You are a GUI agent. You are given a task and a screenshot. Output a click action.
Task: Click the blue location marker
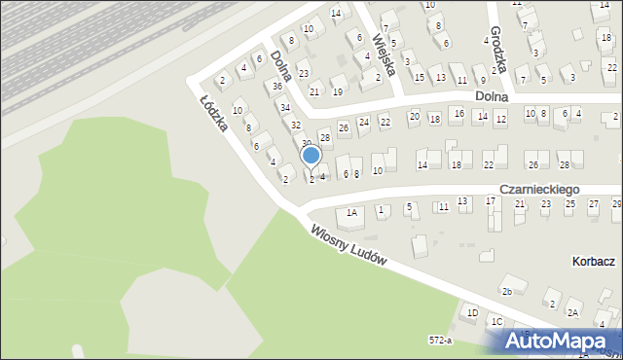tap(311, 156)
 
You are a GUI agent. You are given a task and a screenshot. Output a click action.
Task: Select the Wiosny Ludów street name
tap(349, 247)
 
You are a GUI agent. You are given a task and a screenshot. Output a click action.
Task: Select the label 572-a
tap(441, 341)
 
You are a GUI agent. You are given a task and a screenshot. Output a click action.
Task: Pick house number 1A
tap(351, 212)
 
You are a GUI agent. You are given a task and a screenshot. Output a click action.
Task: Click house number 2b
tap(506, 291)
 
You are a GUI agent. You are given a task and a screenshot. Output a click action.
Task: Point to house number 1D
tap(472, 313)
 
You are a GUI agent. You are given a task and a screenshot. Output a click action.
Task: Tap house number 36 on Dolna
tap(278, 86)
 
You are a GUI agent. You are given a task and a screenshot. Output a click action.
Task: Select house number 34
tap(285, 106)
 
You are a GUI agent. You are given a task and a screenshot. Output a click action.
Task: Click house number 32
tap(296, 125)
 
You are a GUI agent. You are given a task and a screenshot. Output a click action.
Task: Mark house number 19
tap(337, 91)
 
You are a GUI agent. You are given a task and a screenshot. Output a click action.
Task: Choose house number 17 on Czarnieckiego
tap(492, 201)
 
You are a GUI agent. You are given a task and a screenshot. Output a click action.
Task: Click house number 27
tap(594, 204)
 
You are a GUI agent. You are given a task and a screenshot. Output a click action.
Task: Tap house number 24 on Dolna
tap(363, 123)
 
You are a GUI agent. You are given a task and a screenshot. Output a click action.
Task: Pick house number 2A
tap(574, 312)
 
